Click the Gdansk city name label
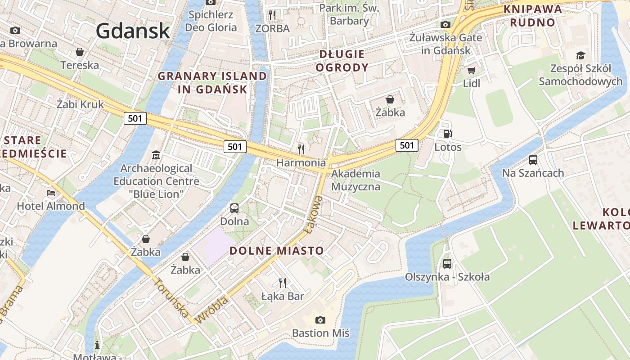pos(133,31)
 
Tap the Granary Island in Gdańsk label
pos(212,83)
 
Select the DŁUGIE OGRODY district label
pos(342,61)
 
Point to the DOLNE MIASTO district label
pos(277,251)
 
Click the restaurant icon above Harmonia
pos(301,148)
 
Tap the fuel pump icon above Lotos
pos(448,133)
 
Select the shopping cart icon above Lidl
pos(472,70)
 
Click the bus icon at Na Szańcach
pos(533,159)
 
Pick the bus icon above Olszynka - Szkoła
pos(447,263)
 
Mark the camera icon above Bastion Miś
pos(320,320)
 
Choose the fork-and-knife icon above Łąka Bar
pos(283,283)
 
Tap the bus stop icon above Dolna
pos(234,208)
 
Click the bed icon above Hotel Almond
pos(51,193)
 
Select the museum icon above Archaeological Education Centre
pos(156,155)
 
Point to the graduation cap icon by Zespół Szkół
pos(581,56)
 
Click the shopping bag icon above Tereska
pos(80,52)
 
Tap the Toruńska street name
pos(171,297)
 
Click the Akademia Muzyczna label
pos(355,180)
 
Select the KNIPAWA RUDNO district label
pos(533,16)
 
